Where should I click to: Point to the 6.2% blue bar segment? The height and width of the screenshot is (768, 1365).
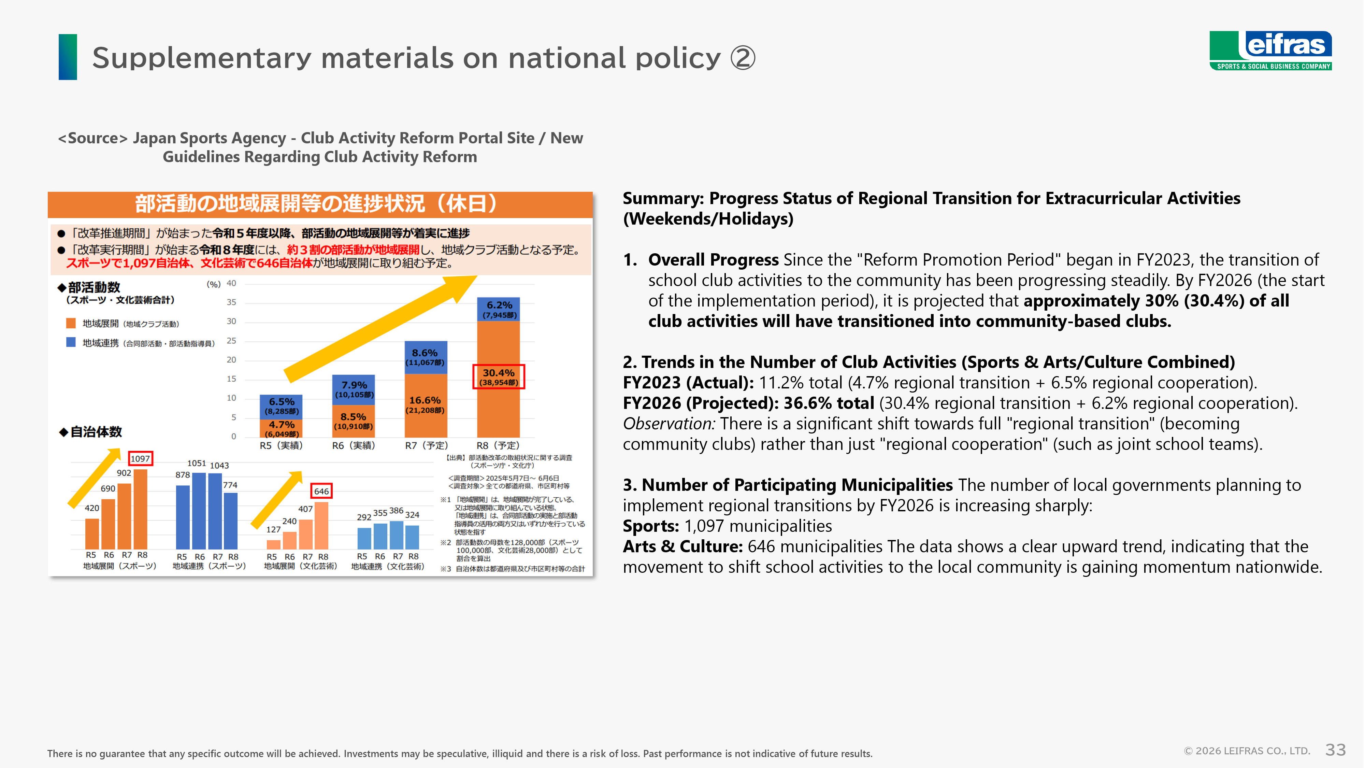click(x=498, y=309)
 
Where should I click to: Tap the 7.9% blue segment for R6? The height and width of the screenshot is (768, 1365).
click(x=354, y=389)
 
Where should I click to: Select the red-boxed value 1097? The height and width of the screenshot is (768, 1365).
click(x=140, y=458)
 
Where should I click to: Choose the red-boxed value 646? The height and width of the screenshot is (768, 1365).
click(x=321, y=491)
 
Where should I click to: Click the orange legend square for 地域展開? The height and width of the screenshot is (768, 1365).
click(x=71, y=323)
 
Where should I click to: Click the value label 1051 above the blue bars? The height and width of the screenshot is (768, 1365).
click(x=196, y=463)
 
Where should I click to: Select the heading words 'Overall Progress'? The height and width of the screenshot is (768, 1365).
click(x=713, y=260)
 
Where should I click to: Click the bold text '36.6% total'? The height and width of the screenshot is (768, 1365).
click(x=828, y=403)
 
